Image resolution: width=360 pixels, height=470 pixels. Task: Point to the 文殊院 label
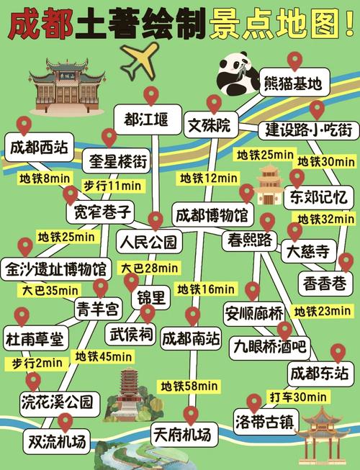(209, 126)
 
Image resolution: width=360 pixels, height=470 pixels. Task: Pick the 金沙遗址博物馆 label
(55, 270)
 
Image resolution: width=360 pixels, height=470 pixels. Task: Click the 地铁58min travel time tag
(189, 386)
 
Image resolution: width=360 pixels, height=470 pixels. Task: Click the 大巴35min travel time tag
(47, 291)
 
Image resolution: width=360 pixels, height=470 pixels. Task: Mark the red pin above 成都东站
(338, 353)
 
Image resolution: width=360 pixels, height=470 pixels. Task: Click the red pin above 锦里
(131, 281)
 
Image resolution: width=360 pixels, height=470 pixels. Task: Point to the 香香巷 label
(326, 284)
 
